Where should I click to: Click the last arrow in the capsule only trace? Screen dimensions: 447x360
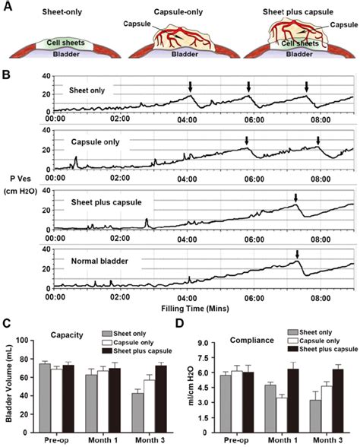pos(318,140)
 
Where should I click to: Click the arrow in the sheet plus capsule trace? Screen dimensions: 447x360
pos(296,198)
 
